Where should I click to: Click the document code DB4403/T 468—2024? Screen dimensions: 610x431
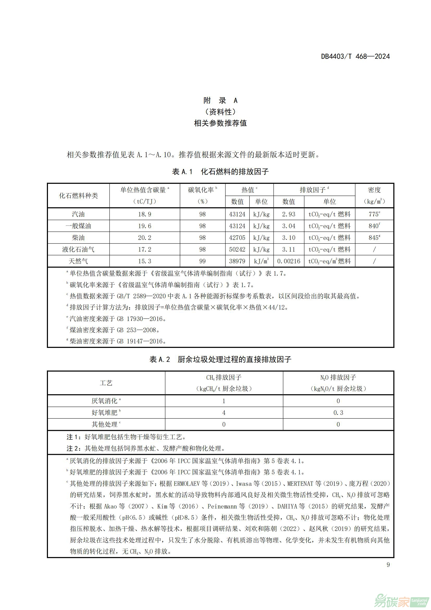(x=355, y=56)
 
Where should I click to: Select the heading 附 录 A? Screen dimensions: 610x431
(x=220, y=100)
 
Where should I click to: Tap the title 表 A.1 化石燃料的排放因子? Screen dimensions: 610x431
(x=220, y=172)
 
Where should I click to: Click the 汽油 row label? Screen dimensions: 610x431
(x=78, y=214)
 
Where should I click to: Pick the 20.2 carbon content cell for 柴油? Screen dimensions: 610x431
(x=145, y=238)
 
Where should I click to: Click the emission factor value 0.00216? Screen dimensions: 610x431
(x=289, y=261)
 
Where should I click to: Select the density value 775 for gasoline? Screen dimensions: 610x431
(x=374, y=214)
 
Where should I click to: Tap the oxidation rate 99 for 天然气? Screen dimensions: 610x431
(x=202, y=261)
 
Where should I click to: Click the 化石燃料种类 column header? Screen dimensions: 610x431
(x=78, y=196)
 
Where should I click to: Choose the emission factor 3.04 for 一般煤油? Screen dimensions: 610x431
(x=289, y=226)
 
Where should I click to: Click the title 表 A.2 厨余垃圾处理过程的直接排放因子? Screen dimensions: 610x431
(x=220, y=359)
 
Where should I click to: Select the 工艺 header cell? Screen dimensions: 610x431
(x=106, y=383)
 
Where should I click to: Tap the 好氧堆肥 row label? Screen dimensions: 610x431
(x=104, y=413)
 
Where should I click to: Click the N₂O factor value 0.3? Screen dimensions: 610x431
(x=338, y=413)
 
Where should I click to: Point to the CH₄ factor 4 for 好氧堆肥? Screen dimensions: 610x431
(x=224, y=413)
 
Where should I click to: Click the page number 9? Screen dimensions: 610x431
(x=388, y=565)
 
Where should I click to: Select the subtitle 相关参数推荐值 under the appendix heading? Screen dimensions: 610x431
(x=220, y=123)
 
